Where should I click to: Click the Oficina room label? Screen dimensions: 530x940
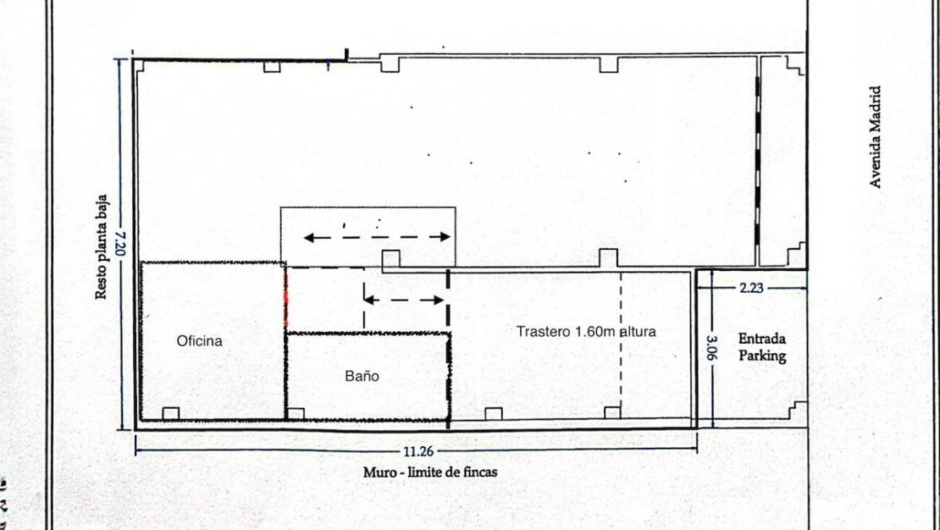click(200, 341)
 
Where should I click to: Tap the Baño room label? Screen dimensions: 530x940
click(362, 377)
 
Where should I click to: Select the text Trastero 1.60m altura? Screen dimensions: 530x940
click(586, 332)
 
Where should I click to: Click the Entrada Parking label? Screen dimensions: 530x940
click(761, 348)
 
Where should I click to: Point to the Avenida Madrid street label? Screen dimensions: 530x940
click(876, 137)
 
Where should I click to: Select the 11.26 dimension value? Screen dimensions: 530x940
click(414, 450)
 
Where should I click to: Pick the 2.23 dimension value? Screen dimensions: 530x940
click(751, 288)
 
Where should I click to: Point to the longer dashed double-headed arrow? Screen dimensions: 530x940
click(377, 237)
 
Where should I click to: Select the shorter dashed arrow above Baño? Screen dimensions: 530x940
click(404, 300)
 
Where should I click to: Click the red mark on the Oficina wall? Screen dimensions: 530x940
click(285, 298)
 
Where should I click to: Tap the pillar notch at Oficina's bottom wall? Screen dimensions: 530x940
click(170, 413)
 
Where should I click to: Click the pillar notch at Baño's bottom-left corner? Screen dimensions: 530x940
click(296, 413)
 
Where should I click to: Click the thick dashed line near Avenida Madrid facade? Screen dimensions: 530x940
click(757, 161)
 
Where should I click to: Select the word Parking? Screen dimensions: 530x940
click(762, 356)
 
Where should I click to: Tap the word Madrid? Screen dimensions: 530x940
click(876, 110)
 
